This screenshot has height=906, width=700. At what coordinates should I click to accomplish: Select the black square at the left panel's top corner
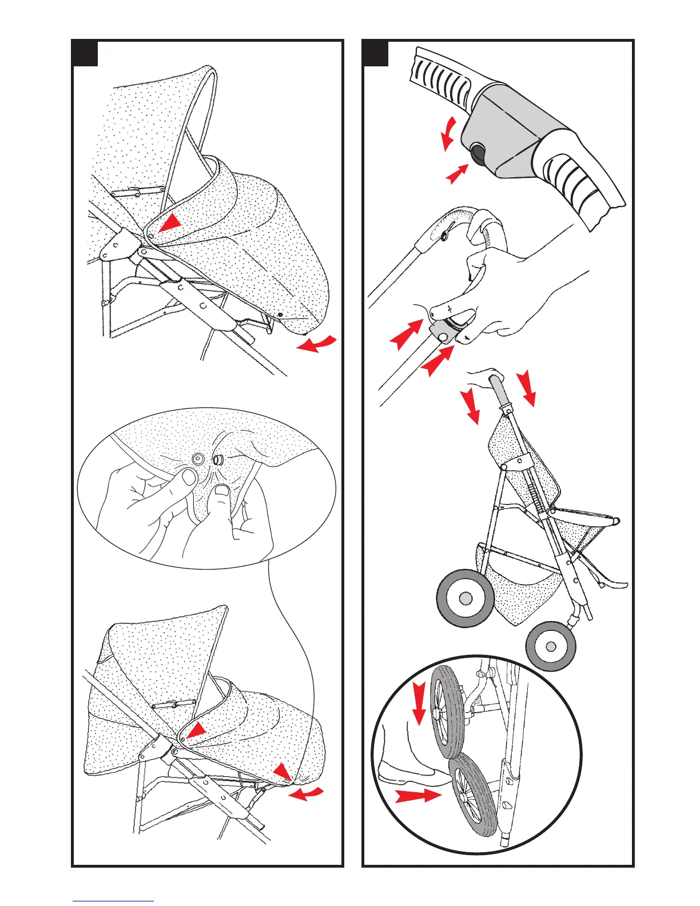(85, 54)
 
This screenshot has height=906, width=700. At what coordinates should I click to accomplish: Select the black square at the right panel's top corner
(376, 54)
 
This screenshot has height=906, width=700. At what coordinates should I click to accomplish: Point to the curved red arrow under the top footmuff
(316, 344)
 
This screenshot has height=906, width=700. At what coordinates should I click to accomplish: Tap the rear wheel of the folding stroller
(465, 598)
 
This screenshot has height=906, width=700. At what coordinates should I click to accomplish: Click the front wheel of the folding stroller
(550, 646)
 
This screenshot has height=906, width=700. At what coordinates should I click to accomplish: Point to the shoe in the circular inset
(407, 772)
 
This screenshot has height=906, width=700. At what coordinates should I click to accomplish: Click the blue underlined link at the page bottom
(113, 900)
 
